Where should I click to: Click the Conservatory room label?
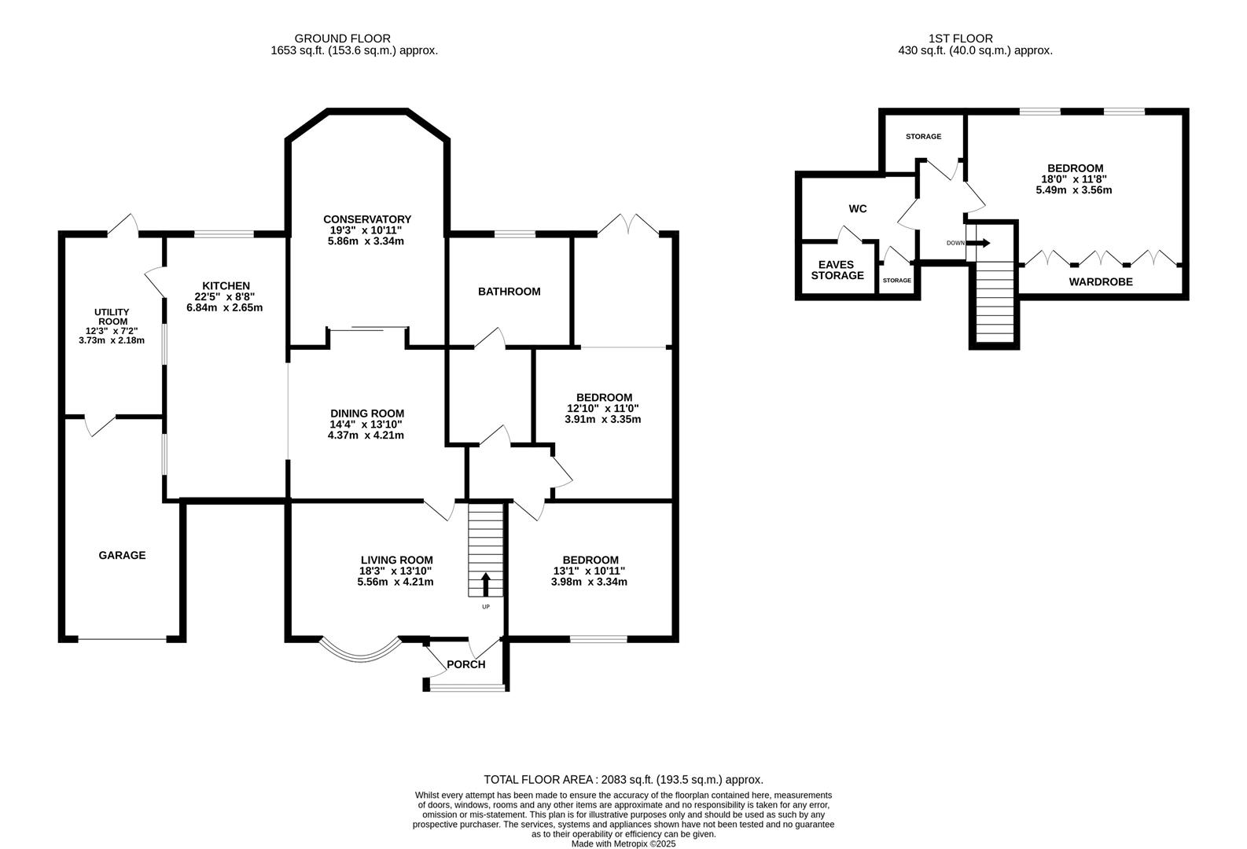[x=367, y=219]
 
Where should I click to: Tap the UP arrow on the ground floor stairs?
[x=485, y=585]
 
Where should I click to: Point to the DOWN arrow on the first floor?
[x=979, y=243]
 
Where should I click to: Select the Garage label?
[x=122, y=555]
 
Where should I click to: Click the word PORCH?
[x=466, y=664]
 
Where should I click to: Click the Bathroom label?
[x=509, y=291]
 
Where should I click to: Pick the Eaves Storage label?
[x=837, y=270]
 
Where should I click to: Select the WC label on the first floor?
[x=857, y=209]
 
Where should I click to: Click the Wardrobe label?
[x=1101, y=281]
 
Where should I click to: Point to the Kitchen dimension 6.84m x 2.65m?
[x=224, y=307]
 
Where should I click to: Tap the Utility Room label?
[x=112, y=317]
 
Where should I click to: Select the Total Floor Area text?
[x=623, y=779]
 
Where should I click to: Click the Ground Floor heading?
[x=342, y=39]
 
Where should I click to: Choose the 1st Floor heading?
[x=960, y=39]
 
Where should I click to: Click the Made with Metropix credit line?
[x=623, y=843]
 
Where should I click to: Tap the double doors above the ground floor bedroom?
[x=628, y=224]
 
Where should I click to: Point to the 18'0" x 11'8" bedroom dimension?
[x=1074, y=179]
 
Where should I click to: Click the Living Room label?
[x=396, y=560]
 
